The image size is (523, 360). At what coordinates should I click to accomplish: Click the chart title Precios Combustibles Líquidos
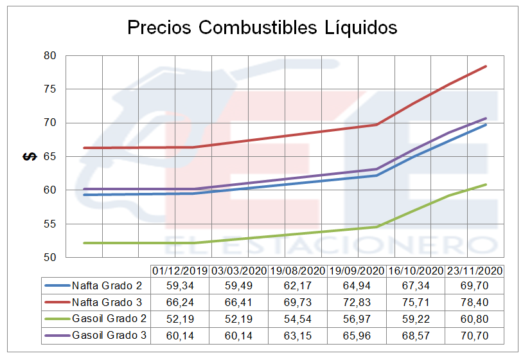pyautogui.click(x=262, y=28)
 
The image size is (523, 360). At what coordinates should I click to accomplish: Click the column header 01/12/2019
pyautogui.click(x=180, y=271)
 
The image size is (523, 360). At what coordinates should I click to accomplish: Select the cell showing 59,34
pyautogui.click(x=180, y=285)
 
